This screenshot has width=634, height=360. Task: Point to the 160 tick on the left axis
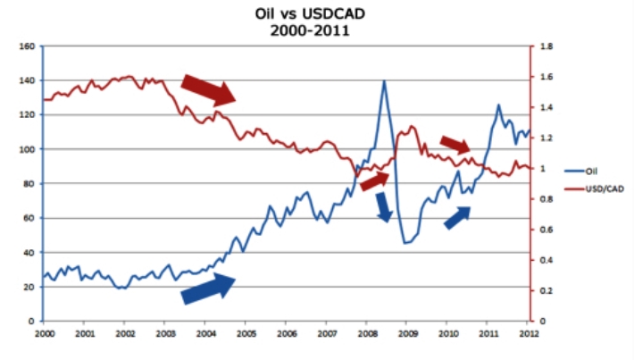26,46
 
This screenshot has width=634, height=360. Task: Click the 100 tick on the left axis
26,149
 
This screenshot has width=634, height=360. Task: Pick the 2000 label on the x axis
44,333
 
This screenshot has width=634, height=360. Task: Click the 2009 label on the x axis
405,333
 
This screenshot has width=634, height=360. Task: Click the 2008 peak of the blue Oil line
384,81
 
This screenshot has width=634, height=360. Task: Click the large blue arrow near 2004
208,288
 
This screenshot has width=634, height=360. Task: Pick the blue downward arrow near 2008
384,207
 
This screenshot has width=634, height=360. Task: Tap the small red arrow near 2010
455,145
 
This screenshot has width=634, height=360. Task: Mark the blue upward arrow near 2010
457,217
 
